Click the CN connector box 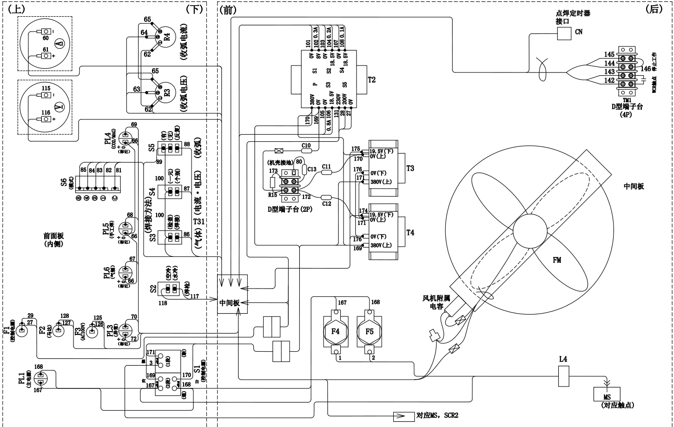point(564,33)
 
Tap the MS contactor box point(607,394)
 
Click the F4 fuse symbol point(336,331)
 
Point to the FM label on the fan point(556,260)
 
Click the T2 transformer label point(371,79)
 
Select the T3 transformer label point(410,168)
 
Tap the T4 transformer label point(410,232)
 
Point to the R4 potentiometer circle point(160,36)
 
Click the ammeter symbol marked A point(59,44)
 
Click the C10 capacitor point(306,151)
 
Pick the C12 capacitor point(326,197)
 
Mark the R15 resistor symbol point(273,182)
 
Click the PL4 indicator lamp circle point(126,138)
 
